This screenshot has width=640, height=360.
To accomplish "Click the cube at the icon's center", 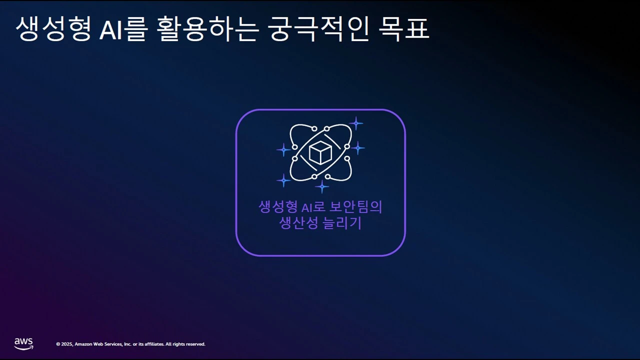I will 320,153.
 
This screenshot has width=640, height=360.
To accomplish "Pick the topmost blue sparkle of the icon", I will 355,123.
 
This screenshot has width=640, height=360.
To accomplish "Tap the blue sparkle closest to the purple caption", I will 321,187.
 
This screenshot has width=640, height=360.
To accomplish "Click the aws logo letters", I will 23,341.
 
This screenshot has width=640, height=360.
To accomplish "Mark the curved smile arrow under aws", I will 24,347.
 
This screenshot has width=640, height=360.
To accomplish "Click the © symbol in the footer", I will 58,344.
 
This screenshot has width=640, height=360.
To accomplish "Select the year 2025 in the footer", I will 67,344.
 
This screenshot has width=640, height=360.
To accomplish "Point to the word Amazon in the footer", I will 83,344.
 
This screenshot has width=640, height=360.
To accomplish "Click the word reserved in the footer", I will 195,344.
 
